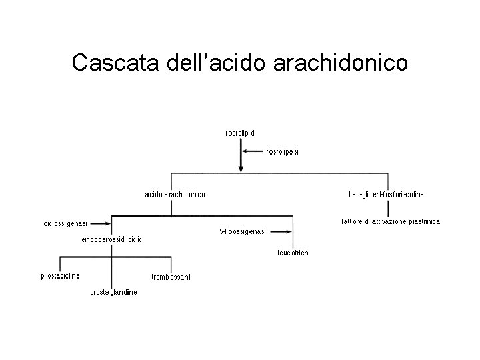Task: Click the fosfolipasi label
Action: click(283, 152)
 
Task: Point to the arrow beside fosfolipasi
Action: click(253, 151)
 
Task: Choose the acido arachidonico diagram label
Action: click(175, 194)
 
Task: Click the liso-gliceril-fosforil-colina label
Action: click(387, 195)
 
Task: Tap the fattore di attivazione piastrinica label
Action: click(386, 221)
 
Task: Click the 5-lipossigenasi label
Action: click(243, 231)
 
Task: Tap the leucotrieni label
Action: click(293, 253)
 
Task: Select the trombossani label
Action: click(171, 277)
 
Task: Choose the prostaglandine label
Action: click(113, 292)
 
